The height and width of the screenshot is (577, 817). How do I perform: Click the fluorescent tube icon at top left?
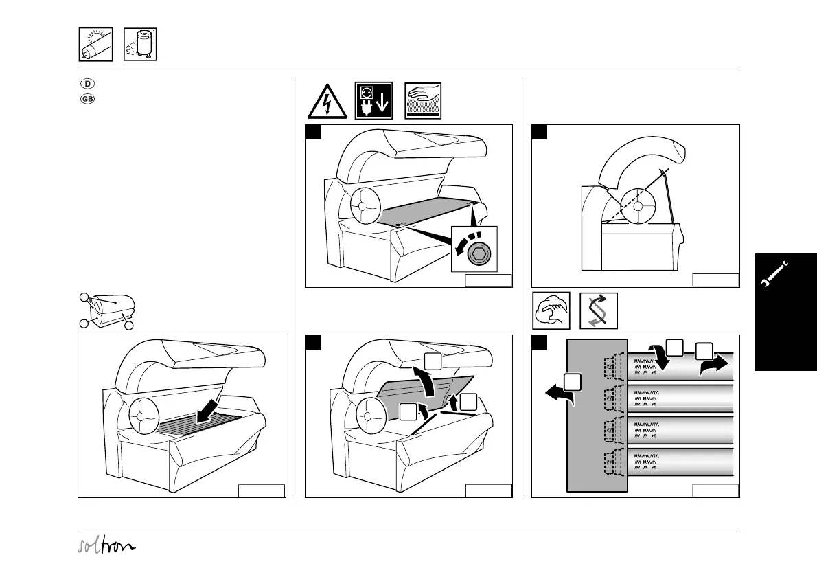tap(95, 45)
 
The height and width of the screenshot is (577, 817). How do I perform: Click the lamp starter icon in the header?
tap(140, 45)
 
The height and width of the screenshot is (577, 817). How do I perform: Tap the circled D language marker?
tap(88, 84)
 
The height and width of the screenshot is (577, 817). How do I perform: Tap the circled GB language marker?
tap(88, 98)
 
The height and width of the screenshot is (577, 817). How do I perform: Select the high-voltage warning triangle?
tap(327, 102)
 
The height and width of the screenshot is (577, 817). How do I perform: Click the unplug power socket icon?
tap(373, 102)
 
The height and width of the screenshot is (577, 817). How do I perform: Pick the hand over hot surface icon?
tap(423, 102)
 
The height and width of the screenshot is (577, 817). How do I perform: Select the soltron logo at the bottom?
tap(106, 546)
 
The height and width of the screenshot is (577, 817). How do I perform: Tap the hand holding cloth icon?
tap(551, 311)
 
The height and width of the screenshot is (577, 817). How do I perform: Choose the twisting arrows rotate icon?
tap(598, 311)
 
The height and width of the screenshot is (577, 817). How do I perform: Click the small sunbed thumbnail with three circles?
tap(106, 310)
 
